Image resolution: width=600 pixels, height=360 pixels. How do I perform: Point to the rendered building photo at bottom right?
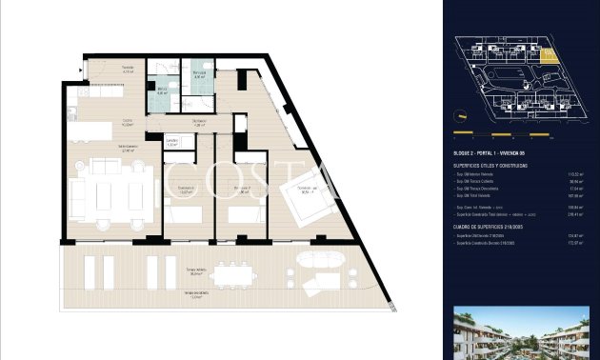tap(521, 334)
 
